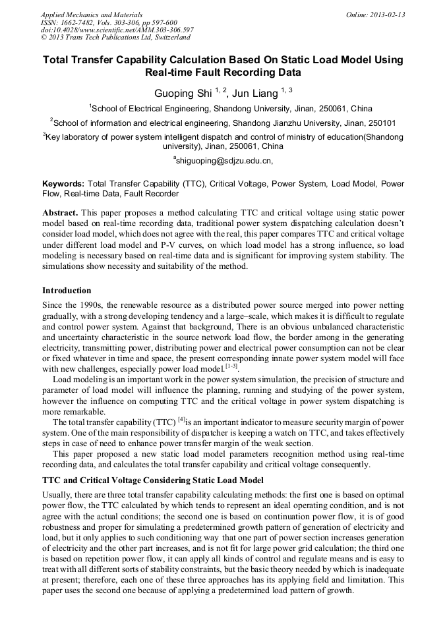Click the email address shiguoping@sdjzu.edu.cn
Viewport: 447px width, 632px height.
coord(224,160)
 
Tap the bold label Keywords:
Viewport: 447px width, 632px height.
coord(63,184)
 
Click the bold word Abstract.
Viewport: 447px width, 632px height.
coord(61,214)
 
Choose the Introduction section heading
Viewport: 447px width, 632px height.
coord(67,291)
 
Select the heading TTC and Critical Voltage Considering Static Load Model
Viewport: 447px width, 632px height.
coord(152,480)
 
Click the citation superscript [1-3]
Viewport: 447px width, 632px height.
coord(231,366)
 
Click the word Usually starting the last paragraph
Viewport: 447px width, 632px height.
coord(57,495)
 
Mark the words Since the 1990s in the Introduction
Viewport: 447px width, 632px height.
coord(69,305)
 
